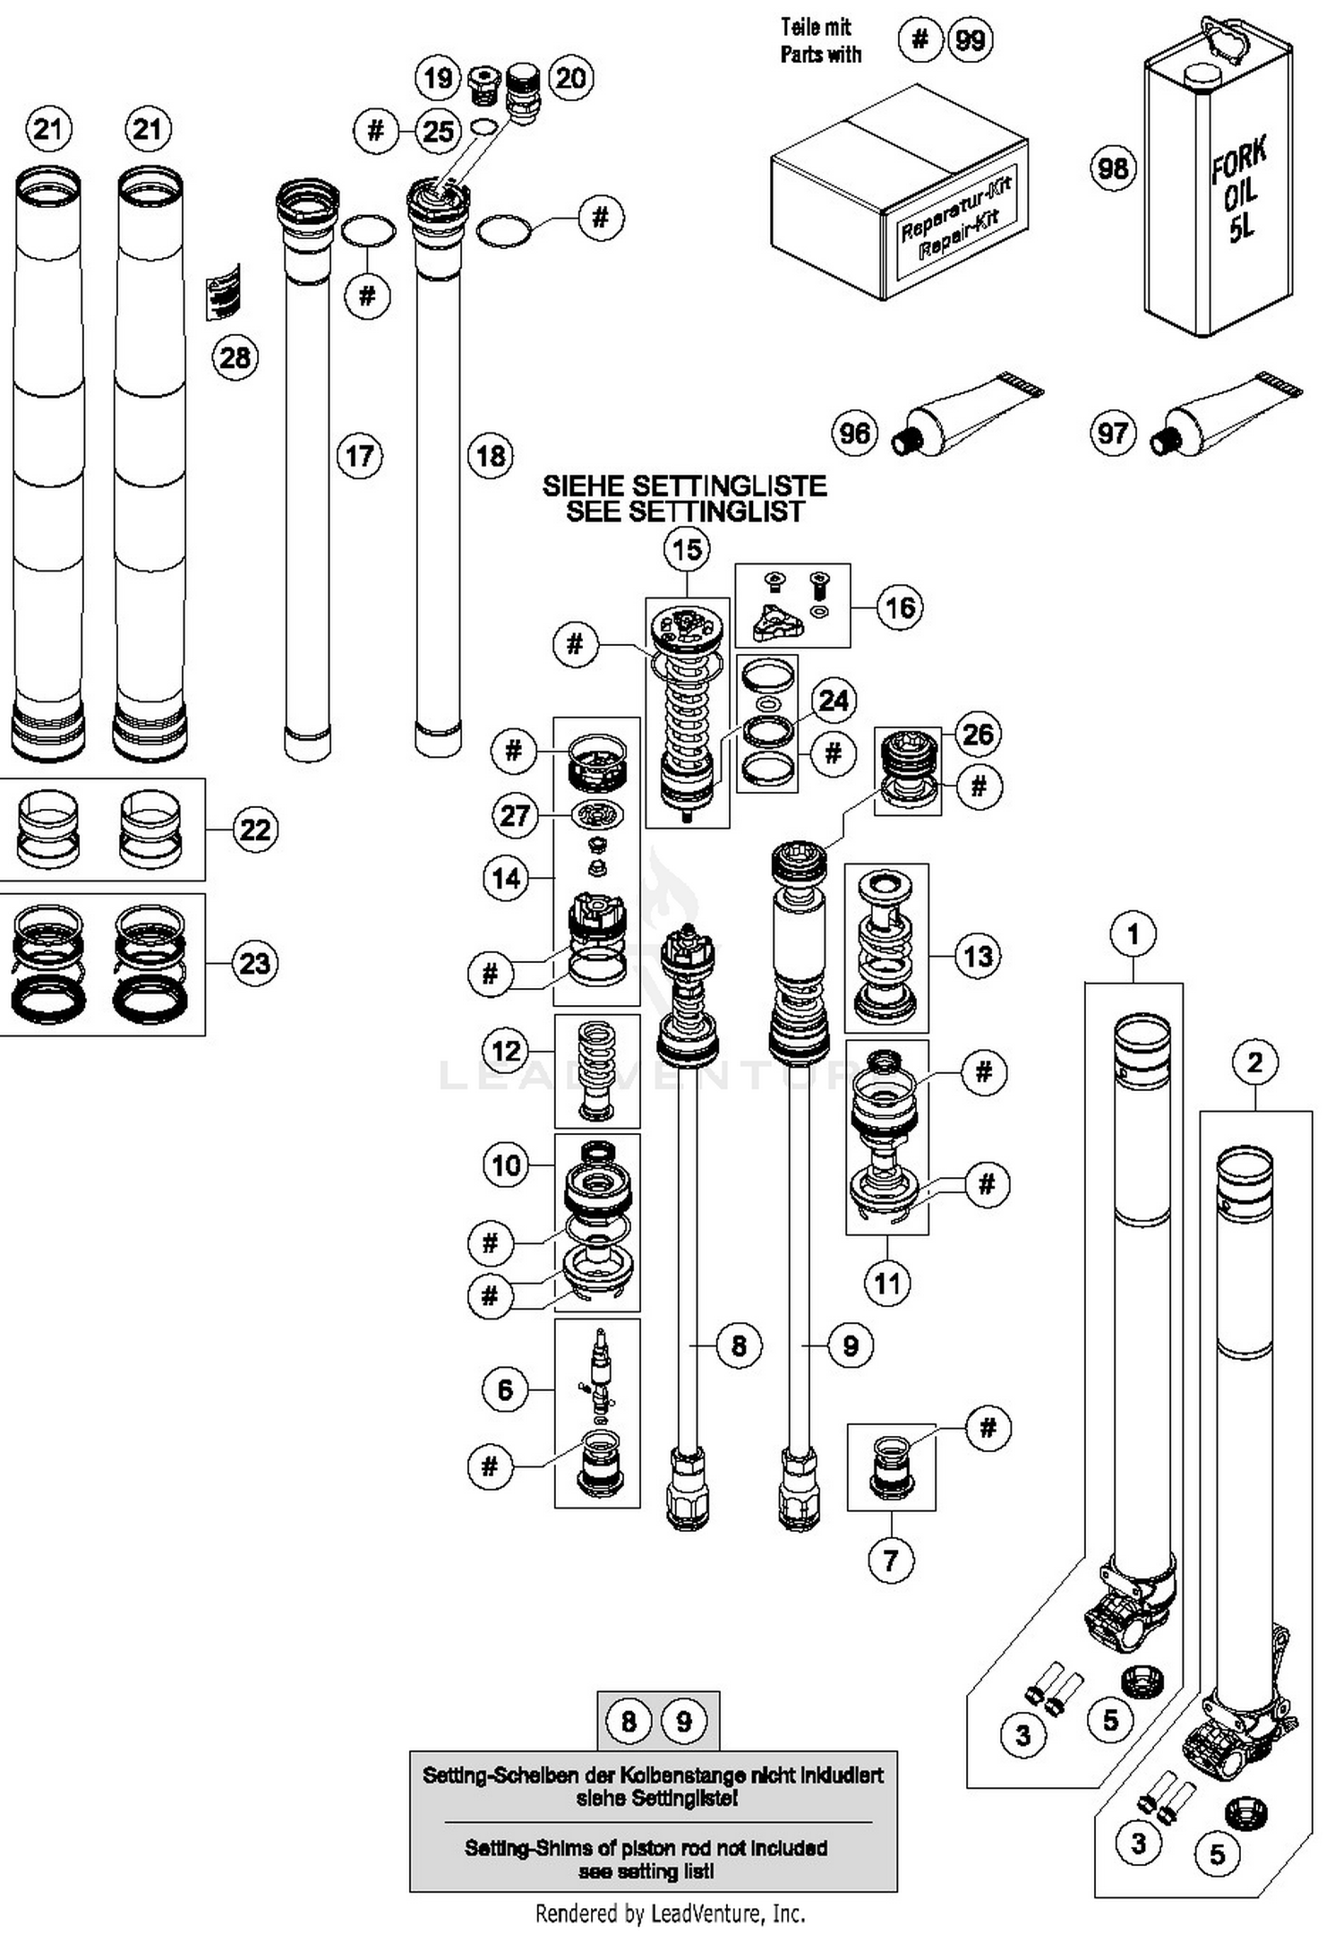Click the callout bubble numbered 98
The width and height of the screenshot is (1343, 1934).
[x=1113, y=168]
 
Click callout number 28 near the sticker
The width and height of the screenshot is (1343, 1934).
[x=235, y=357]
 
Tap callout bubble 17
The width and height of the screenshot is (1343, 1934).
[x=359, y=456]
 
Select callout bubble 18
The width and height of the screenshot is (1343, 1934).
[x=491, y=456]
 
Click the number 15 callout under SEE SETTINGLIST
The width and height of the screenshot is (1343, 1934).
[x=687, y=549]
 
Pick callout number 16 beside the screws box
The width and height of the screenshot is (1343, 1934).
[x=900, y=607]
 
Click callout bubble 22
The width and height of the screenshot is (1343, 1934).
[x=255, y=829]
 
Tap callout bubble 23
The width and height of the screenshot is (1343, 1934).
[x=255, y=964]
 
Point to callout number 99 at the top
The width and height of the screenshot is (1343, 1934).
[x=971, y=40]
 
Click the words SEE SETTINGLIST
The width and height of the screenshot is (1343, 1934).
[x=685, y=512]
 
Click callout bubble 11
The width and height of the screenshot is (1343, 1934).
[x=887, y=1284]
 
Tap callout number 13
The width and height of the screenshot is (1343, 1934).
[x=978, y=956]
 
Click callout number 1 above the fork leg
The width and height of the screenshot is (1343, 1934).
[x=1133, y=934]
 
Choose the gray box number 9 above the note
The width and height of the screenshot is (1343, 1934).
[x=684, y=1721]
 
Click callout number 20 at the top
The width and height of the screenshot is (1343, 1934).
[x=570, y=78]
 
